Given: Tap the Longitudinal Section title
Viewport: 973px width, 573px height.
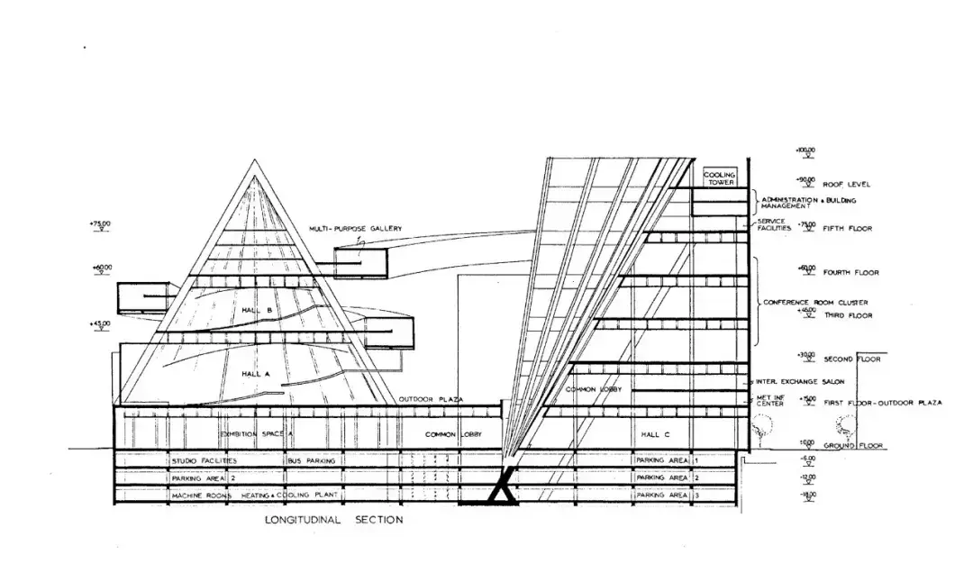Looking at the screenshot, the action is (x=333, y=520).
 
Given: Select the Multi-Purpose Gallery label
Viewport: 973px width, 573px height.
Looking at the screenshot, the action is (x=355, y=229).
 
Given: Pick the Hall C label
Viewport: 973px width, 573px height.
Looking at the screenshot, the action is (x=655, y=435).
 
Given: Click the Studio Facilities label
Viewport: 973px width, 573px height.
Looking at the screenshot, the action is (x=204, y=461).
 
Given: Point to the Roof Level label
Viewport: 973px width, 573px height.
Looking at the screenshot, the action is (x=847, y=185).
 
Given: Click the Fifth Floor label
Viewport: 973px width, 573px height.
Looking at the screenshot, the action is (x=848, y=229).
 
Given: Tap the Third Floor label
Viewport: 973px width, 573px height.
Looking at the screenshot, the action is (x=848, y=316).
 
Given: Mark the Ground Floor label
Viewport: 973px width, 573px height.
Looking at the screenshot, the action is (x=853, y=446).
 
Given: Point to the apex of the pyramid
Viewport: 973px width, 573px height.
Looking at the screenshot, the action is (x=250, y=161).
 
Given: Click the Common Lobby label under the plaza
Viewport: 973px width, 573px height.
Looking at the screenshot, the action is (x=453, y=435).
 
